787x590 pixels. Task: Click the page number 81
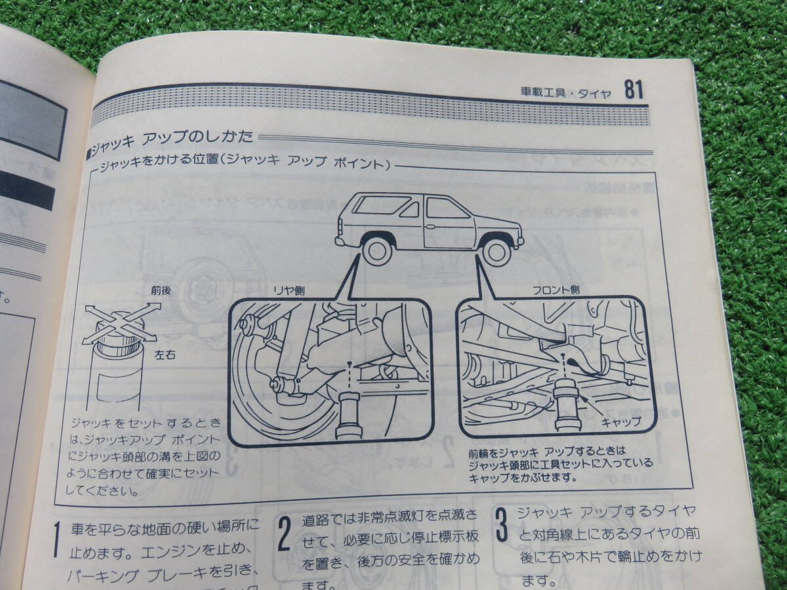(x=633, y=89)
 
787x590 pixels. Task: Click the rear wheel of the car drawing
(x=377, y=251)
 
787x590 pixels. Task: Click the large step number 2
(x=283, y=536)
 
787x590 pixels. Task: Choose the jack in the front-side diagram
(x=565, y=404)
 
